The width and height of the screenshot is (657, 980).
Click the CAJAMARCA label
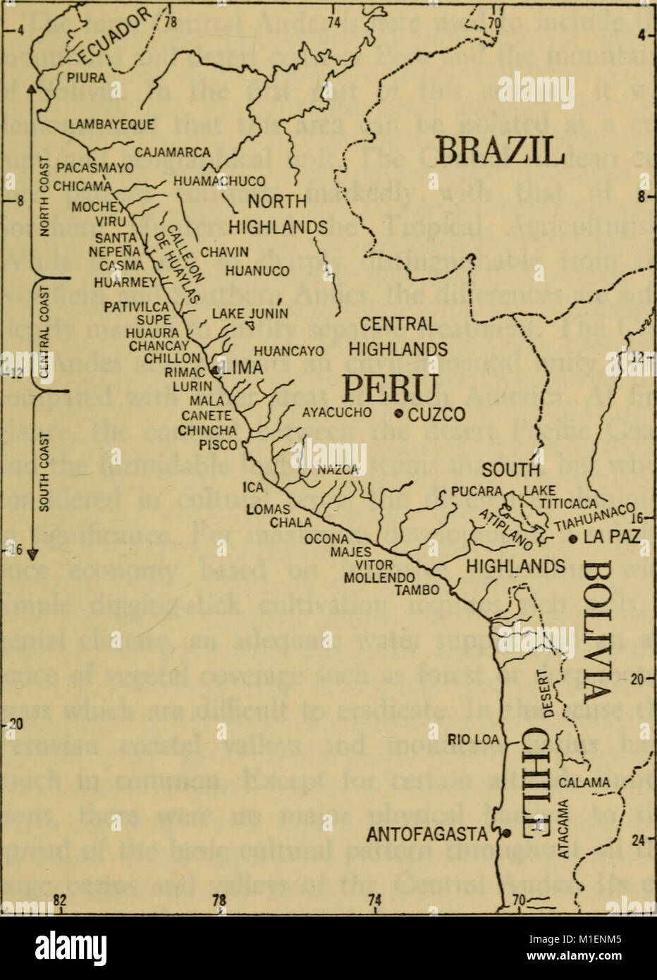173,152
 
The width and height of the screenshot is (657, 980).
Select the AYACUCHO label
337,413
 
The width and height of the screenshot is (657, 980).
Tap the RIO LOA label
473,740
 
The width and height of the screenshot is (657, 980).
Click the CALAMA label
584,782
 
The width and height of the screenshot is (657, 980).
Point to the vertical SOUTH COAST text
44,474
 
